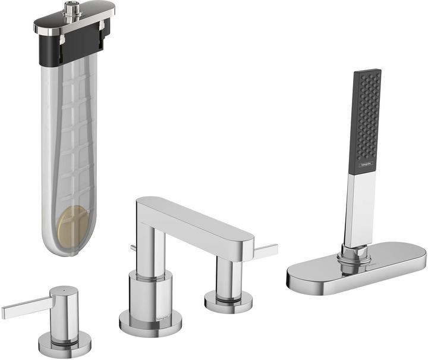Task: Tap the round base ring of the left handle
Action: pos(65,345)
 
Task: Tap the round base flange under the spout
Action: pos(150,324)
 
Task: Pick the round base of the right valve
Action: pos(228,302)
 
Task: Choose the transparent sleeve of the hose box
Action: pos(65,149)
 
